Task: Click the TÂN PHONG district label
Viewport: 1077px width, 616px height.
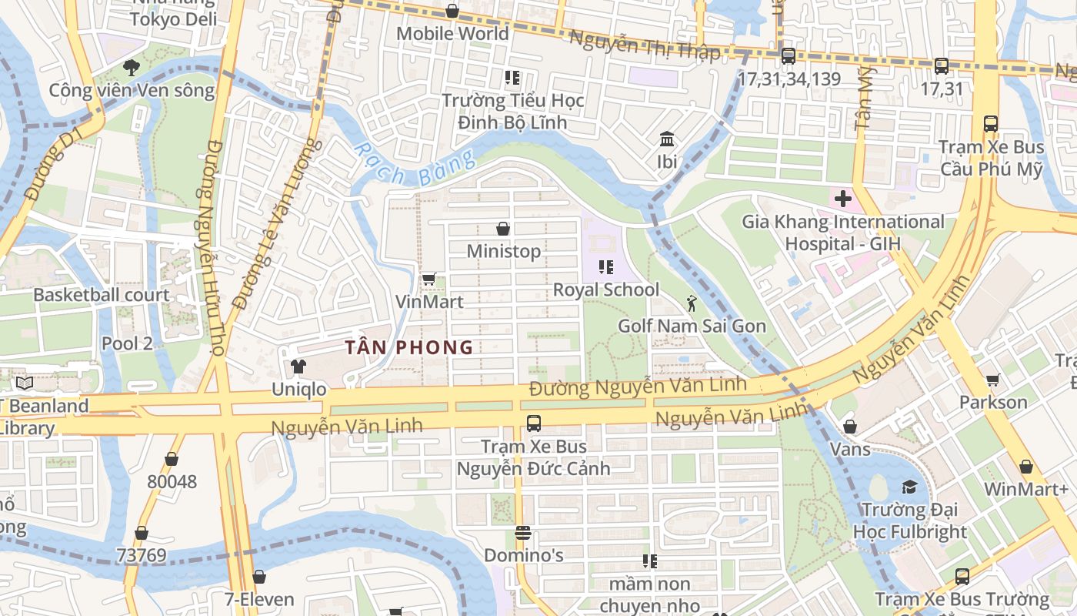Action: click(x=408, y=347)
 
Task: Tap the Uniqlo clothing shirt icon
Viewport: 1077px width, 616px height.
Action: click(x=298, y=366)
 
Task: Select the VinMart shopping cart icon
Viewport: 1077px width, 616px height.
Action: click(x=428, y=279)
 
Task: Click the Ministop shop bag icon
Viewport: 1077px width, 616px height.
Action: click(x=503, y=229)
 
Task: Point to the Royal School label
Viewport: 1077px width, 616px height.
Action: click(x=606, y=290)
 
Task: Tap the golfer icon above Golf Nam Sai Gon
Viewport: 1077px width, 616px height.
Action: click(x=692, y=303)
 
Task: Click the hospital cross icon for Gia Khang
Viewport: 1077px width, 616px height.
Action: click(x=843, y=199)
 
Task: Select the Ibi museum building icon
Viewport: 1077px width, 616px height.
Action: click(x=667, y=139)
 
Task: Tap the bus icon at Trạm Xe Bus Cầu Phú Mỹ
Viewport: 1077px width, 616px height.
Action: click(x=991, y=124)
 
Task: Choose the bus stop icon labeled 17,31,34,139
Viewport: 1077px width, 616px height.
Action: click(x=789, y=56)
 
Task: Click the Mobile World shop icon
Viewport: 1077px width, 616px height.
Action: click(x=452, y=11)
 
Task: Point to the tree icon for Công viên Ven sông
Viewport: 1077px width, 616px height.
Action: click(x=132, y=67)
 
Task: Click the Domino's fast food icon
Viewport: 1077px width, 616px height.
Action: click(x=523, y=533)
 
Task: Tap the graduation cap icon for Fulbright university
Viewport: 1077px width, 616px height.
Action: click(x=910, y=487)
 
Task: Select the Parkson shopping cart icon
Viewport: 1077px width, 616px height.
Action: click(x=992, y=380)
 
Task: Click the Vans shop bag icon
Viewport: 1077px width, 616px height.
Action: click(x=850, y=427)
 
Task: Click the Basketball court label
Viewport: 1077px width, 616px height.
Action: click(x=101, y=295)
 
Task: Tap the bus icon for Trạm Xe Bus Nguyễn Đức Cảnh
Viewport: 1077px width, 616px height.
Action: click(x=534, y=423)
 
